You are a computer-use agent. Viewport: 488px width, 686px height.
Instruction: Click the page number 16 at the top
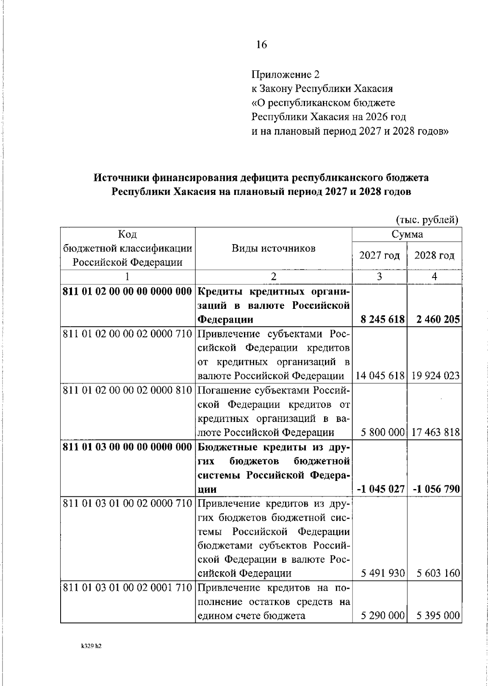pos(261,45)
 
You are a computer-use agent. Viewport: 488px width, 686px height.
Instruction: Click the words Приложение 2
pos(285,74)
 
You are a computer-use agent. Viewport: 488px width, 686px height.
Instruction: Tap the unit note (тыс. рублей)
pos(427,220)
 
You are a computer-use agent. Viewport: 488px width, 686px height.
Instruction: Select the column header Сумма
pos(407,234)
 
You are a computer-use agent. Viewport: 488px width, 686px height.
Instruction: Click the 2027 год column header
pos(379,256)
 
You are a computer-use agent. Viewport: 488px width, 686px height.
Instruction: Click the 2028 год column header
pos(434,256)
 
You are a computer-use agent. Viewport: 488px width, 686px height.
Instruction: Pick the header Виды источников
pos(273,248)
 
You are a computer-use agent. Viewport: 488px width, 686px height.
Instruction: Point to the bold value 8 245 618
pos(382,319)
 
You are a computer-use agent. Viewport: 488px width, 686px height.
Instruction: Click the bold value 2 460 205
pos(438,319)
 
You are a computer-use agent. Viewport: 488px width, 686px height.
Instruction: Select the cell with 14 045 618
pos(380,376)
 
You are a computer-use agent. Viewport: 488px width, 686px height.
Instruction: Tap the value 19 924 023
pos(435,376)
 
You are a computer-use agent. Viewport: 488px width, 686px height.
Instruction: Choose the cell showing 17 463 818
pos(435,432)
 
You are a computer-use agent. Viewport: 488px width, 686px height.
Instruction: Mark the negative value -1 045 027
pos(381,489)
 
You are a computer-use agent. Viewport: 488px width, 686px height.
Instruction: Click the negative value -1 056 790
pos(436,489)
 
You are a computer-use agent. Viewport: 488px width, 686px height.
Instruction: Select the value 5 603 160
pos(438,573)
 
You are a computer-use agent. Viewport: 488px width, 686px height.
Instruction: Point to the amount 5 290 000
pos(382,616)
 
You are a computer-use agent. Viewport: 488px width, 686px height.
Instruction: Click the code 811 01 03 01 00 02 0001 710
pos(127,588)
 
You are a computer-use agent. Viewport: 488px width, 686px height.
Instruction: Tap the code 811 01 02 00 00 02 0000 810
pos(127,391)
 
